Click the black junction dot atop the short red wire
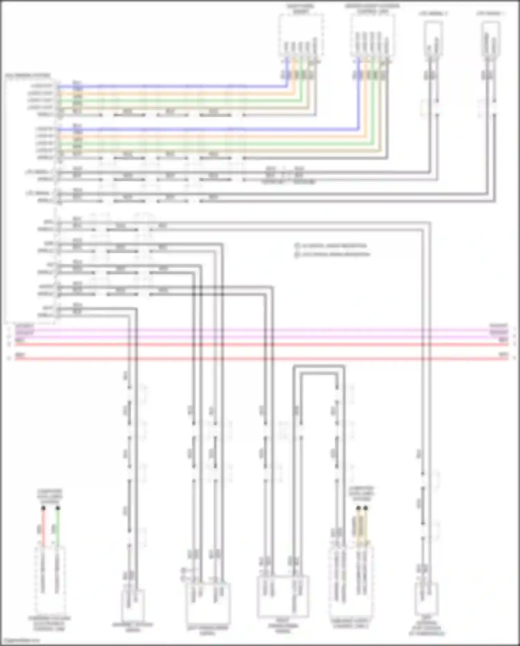(x=43, y=508)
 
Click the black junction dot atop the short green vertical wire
(x=58, y=508)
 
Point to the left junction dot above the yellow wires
(x=358, y=508)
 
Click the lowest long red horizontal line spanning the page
(x=260, y=358)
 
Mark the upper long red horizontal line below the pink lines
(x=260, y=344)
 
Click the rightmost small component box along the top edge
(x=491, y=38)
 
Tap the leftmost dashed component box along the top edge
(x=301, y=35)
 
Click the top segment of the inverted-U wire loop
(x=318, y=366)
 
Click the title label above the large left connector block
(x=28, y=75)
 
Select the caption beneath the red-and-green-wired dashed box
(x=49, y=623)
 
